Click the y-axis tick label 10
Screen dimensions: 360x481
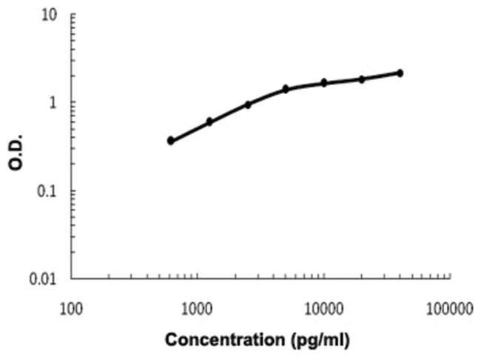pyautogui.click(x=50, y=15)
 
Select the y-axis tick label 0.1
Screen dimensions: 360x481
pyautogui.click(x=48, y=191)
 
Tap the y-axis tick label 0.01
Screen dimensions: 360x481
pyautogui.click(x=44, y=279)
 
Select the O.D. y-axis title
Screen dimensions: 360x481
pyautogui.click(x=16, y=153)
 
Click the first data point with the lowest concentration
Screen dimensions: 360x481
pyautogui.click(x=171, y=140)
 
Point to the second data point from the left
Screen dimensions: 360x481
pyautogui.click(x=209, y=121)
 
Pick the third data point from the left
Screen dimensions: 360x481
pyautogui.click(x=248, y=104)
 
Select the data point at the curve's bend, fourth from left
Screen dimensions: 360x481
pyautogui.click(x=286, y=89)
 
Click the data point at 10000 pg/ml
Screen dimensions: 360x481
pyautogui.click(x=324, y=82)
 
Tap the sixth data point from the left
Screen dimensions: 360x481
pyautogui.click(x=362, y=79)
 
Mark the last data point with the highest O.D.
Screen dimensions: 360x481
pyautogui.click(x=400, y=73)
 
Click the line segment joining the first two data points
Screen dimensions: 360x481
pyautogui.click(x=190, y=131)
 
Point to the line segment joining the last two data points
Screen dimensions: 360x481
pyautogui.click(x=381, y=76)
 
